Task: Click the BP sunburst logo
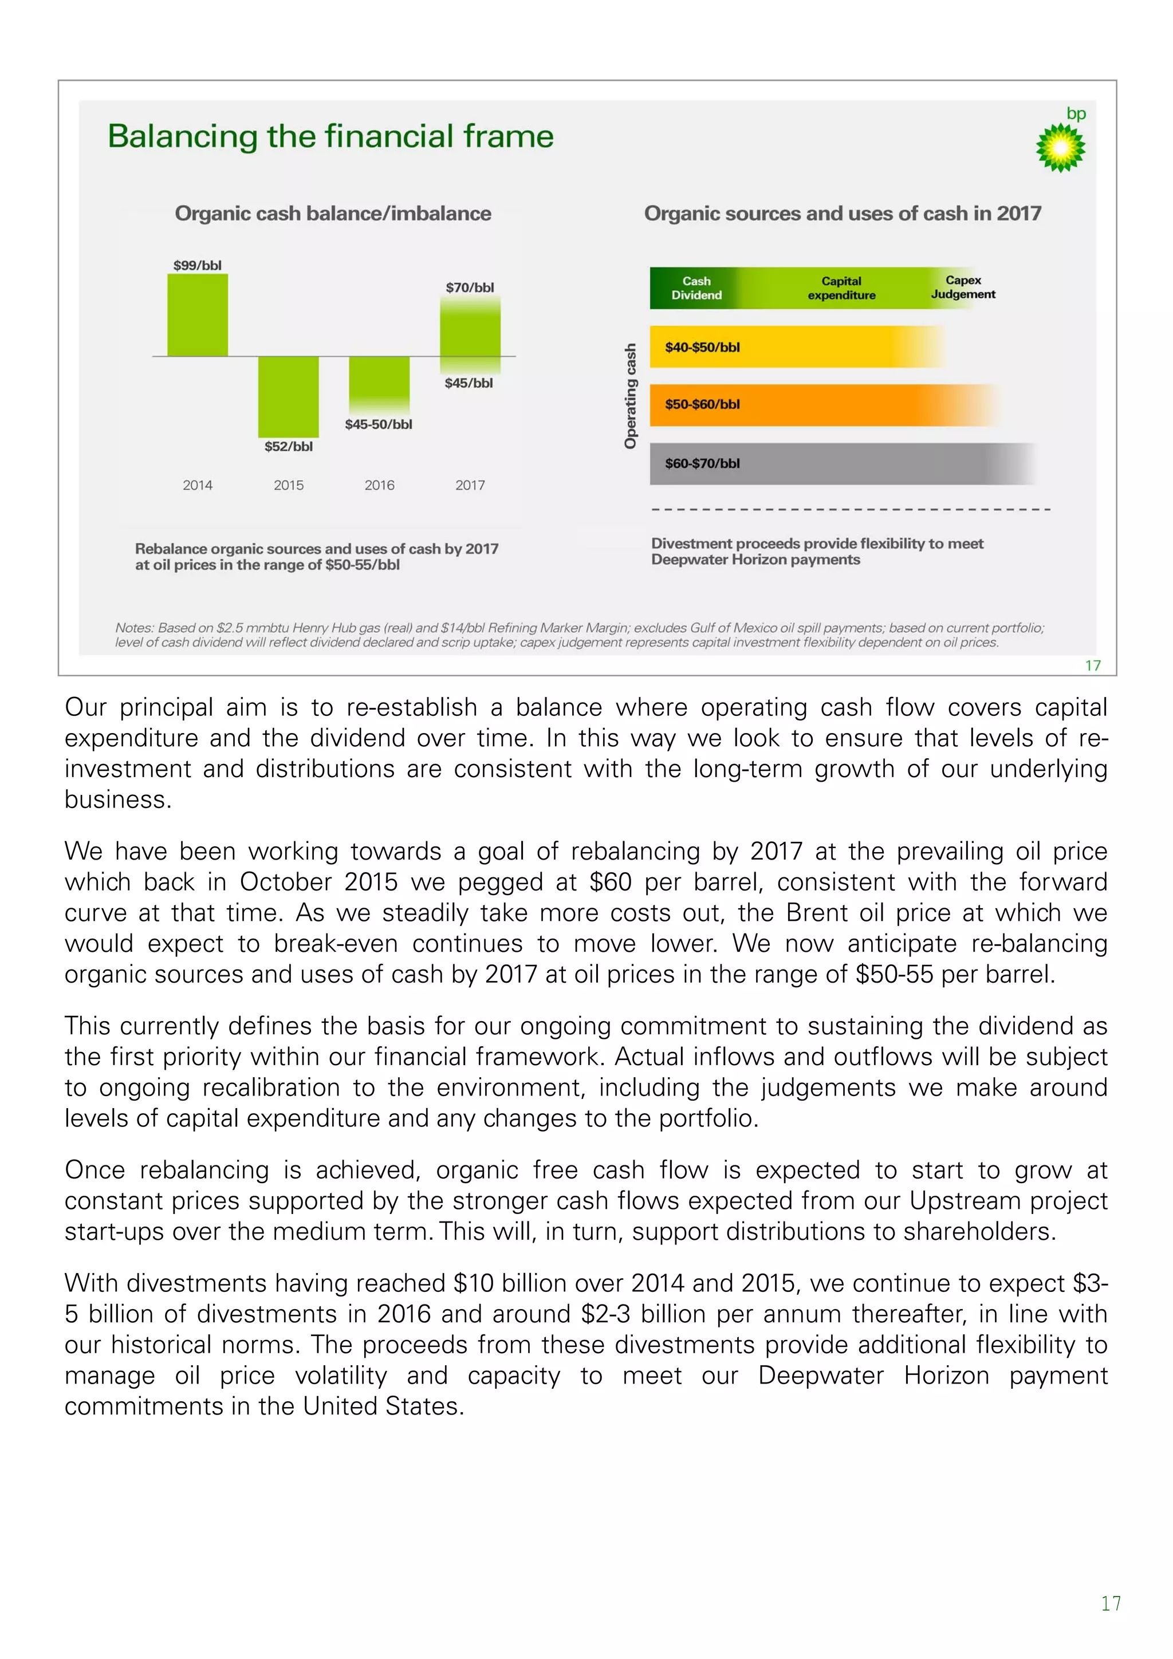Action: [1060, 147]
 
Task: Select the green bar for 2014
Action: [197, 315]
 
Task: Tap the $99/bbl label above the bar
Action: [197, 265]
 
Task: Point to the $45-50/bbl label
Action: [378, 424]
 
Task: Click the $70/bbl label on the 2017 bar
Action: [470, 287]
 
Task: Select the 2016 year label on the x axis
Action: [379, 485]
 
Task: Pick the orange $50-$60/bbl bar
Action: [817, 405]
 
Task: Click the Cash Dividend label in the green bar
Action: [696, 288]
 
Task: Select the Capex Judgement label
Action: [963, 287]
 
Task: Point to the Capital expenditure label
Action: [841, 288]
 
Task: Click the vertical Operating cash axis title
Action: [630, 396]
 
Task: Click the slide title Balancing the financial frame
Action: [330, 136]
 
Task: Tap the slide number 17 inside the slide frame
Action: [1092, 665]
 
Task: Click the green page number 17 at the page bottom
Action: [1110, 1603]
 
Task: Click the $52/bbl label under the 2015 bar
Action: [288, 447]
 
